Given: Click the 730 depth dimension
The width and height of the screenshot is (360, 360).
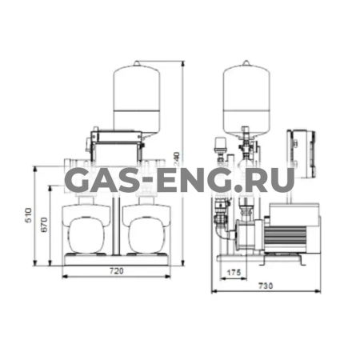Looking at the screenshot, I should pos(266,285).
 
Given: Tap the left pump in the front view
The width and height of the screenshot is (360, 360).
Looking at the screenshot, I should pos(89,233).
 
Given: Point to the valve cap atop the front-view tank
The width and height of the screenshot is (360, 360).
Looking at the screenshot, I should pos(136,62).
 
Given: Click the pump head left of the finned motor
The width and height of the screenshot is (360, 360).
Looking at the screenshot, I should pos(241,235).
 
